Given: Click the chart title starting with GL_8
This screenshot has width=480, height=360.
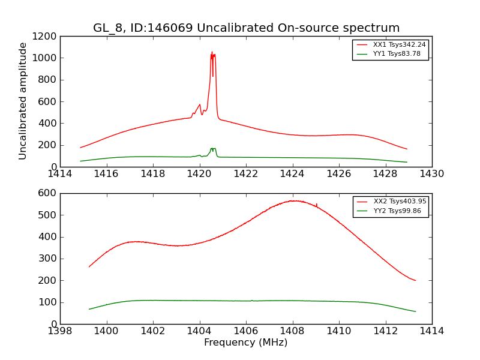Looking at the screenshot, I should coord(246,28).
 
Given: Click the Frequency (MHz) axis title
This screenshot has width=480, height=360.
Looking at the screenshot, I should coord(246,343).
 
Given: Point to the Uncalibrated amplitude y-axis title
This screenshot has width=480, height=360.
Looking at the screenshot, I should coord(23,101).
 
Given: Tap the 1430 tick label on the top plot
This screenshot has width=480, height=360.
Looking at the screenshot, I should coord(431,174).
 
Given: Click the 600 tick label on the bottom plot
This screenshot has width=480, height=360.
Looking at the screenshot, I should coord(49,193).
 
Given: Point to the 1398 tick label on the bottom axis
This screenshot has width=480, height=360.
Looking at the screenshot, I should coord(60,331).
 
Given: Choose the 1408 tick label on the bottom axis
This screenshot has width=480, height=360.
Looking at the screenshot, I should coord(292,331).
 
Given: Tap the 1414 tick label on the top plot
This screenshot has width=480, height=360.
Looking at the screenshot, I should coord(60,174).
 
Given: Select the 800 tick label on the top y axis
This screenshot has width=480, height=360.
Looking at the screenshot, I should coord(49,80).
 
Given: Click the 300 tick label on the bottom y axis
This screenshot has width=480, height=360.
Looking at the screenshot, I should coord(49,259).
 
